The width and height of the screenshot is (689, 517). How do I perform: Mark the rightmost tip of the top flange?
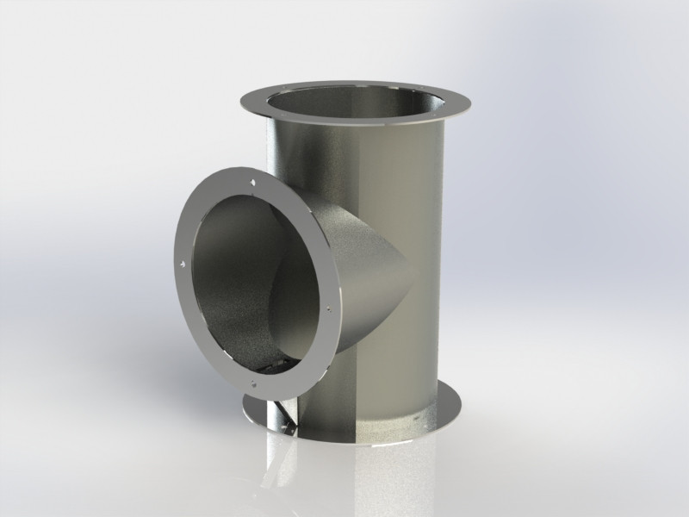(475, 109)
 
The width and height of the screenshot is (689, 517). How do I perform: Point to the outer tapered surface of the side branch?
(362, 258)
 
